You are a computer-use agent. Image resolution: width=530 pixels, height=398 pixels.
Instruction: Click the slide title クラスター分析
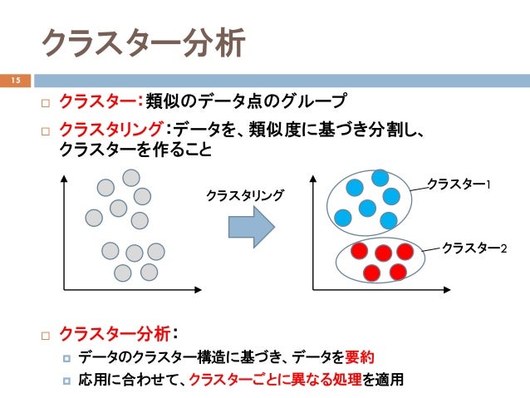[143, 43]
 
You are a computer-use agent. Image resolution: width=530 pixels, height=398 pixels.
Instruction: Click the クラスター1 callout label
[459, 183]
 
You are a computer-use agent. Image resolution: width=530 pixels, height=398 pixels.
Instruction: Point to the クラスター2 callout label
[474, 248]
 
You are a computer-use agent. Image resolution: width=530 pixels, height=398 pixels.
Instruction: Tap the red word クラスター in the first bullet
[98, 102]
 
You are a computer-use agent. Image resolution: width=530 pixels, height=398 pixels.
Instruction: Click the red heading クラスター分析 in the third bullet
[116, 334]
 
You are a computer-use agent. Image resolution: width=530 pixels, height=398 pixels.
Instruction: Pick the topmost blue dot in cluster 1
[380, 178]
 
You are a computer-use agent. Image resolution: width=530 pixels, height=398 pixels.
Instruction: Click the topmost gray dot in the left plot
[131, 178]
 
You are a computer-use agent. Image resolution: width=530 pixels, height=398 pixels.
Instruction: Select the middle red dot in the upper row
[383, 253]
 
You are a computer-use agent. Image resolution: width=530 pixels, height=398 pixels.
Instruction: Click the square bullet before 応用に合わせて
[67, 382]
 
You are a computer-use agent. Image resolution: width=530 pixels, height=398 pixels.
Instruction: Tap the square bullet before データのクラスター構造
[67, 359]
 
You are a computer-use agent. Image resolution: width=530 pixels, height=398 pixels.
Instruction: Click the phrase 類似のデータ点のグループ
[244, 102]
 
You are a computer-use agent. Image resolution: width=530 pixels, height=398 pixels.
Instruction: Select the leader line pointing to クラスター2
[433, 248]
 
